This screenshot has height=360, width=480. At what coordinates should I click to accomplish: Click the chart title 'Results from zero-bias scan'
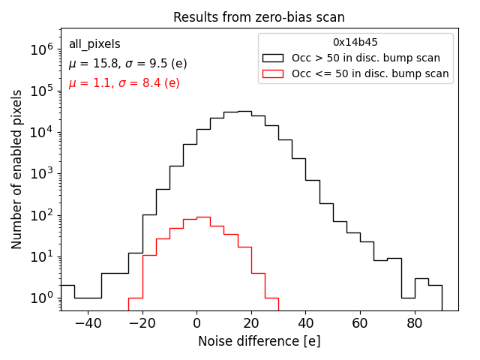[259, 17]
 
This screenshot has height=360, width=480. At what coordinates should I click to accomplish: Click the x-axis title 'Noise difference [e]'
[259, 341]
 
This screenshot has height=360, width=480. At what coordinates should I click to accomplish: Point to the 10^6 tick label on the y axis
[40, 49]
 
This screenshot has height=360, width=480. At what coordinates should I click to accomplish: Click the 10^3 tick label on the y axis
[40, 174]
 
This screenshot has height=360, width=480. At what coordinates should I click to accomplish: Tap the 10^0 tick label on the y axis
[40, 298]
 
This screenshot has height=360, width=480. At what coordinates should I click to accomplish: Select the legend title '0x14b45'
[355, 43]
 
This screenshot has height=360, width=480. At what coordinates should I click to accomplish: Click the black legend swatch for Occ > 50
[273, 58]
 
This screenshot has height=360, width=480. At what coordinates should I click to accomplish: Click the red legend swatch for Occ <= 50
[273, 73]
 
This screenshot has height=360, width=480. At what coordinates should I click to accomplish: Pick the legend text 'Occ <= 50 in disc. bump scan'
[370, 73]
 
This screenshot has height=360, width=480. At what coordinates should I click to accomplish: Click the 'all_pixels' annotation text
[94, 44]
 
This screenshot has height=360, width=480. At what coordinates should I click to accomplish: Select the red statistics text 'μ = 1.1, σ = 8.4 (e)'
[124, 83]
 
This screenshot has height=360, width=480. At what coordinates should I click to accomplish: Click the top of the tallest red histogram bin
[203, 217]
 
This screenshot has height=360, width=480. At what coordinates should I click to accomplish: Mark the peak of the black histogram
[244, 111]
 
